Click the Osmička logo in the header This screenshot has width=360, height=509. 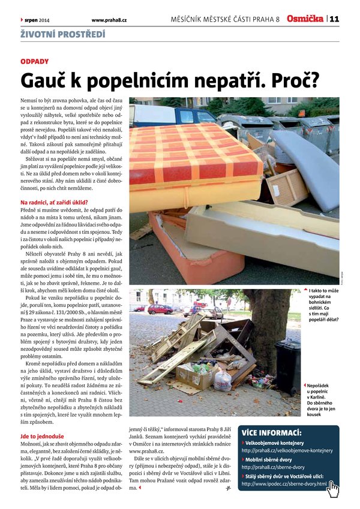pyautogui.click(x=305, y=19)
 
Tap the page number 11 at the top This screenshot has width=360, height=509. pyautogui.click(x=334, y=19)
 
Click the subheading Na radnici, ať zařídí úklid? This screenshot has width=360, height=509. pyautogui.click(x=55, y=203)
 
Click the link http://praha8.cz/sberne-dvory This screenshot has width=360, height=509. pyautogui.click(x=272, y=466)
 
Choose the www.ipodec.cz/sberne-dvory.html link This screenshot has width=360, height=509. pyautogui.click(x=284, y=483)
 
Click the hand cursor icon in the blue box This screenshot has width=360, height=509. pyautogui.click(x=332, y=489)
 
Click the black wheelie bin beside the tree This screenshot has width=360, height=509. pyautogui.click(x=288, y=366)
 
